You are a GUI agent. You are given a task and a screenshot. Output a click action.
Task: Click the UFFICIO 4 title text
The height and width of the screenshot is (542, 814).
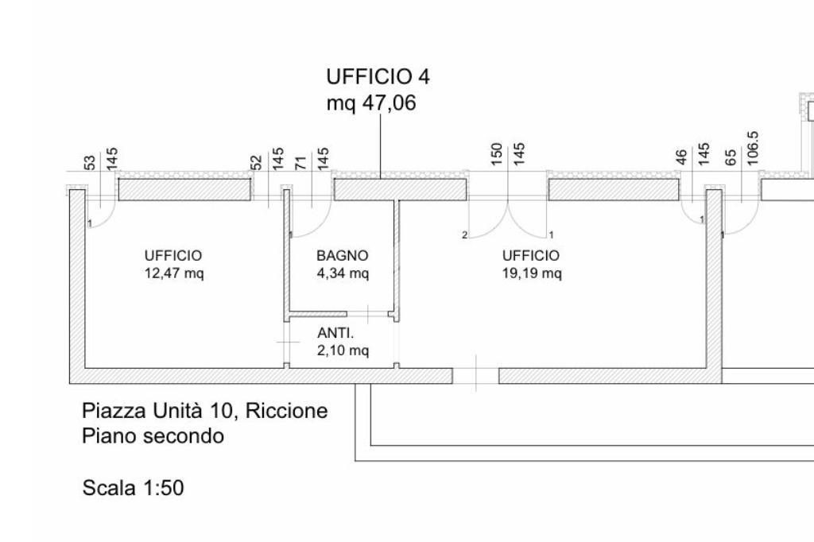coord(378,77)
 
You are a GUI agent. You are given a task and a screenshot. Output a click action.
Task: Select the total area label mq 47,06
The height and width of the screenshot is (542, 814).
coord(371,103)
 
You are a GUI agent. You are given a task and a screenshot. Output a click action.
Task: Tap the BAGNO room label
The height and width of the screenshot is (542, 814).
coord(343,255)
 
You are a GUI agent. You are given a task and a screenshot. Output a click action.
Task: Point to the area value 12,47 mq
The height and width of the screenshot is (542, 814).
coord(174,273)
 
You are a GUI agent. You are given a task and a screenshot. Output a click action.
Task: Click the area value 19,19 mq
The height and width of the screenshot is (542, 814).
coord(532,273)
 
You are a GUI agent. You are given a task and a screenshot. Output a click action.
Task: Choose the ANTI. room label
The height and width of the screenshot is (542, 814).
coord(335,333)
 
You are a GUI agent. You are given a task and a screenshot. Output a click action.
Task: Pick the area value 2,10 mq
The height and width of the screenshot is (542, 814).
coord(343,350)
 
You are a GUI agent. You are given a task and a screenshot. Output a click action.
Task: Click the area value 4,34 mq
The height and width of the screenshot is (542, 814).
coord(343,273)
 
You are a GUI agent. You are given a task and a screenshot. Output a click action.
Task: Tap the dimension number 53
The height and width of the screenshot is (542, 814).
coord(90,162)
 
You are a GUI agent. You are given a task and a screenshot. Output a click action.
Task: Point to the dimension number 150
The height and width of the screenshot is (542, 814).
coord(497,154)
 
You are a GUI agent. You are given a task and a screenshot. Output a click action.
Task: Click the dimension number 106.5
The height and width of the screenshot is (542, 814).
coord(753,149)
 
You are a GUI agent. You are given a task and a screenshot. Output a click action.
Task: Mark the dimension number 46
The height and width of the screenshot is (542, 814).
coord(681,157)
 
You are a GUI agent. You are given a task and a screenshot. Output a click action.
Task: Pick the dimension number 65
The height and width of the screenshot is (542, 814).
coord(731,157)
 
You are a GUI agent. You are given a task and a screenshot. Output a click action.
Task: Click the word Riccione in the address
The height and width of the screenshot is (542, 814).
coord(286,411)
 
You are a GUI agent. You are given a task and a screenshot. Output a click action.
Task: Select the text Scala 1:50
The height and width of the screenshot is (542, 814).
coord(133,488)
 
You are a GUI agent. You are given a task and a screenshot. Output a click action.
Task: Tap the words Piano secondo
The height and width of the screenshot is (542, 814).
coord(153,436)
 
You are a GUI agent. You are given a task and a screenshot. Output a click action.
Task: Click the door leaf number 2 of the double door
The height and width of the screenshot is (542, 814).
coord(464,235)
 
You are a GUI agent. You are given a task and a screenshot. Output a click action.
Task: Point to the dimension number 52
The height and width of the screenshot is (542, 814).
coord(256,162)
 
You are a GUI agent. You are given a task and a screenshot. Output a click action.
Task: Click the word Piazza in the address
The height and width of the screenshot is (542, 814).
coord(114,411)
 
